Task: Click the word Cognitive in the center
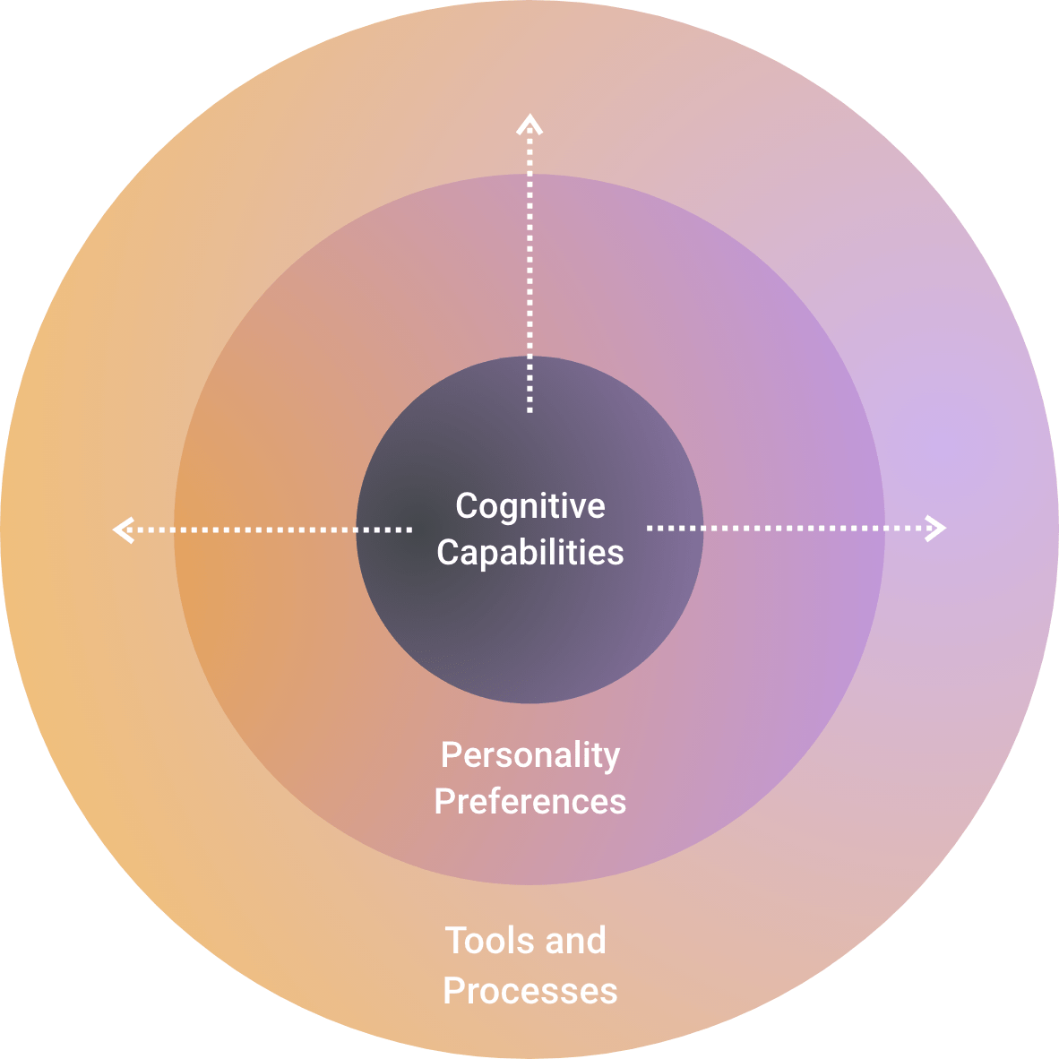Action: coord(529,507)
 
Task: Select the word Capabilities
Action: coord(529,553)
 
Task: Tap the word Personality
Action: coord(529,756)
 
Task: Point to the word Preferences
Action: coord(529,801)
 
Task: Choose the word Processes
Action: coord(529,991)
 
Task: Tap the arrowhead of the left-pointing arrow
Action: coord(121,529)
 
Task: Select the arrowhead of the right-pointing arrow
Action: coord(938,529)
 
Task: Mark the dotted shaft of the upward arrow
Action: coord(529,269)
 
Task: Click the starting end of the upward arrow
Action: coord(529,409)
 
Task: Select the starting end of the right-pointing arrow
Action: coord(650,529)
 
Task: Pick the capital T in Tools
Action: coord(456,941)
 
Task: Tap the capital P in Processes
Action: coord(453,991)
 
